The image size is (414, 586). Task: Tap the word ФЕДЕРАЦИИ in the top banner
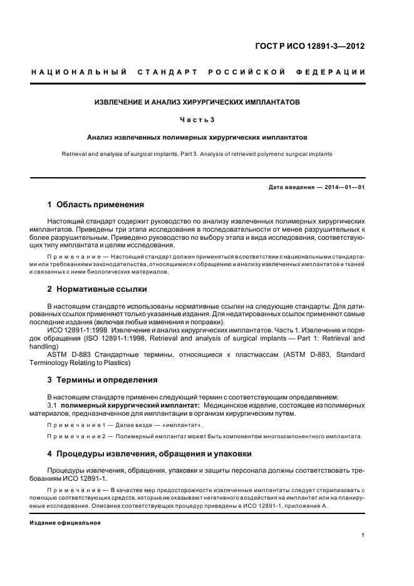pyautogui.click(x=339, y=73)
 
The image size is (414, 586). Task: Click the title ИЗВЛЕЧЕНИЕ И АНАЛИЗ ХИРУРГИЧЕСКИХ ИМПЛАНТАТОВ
pyautogui.click(x=197, y=101)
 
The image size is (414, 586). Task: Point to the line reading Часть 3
pyautogui.click(x=197, y=119)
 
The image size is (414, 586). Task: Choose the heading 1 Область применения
pyautogui.click(x=96, y=205)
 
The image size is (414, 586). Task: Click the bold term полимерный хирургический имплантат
pyautogui.click(x=126, y=406)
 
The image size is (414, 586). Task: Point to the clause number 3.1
pyautogui.click(x=53, y=406)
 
